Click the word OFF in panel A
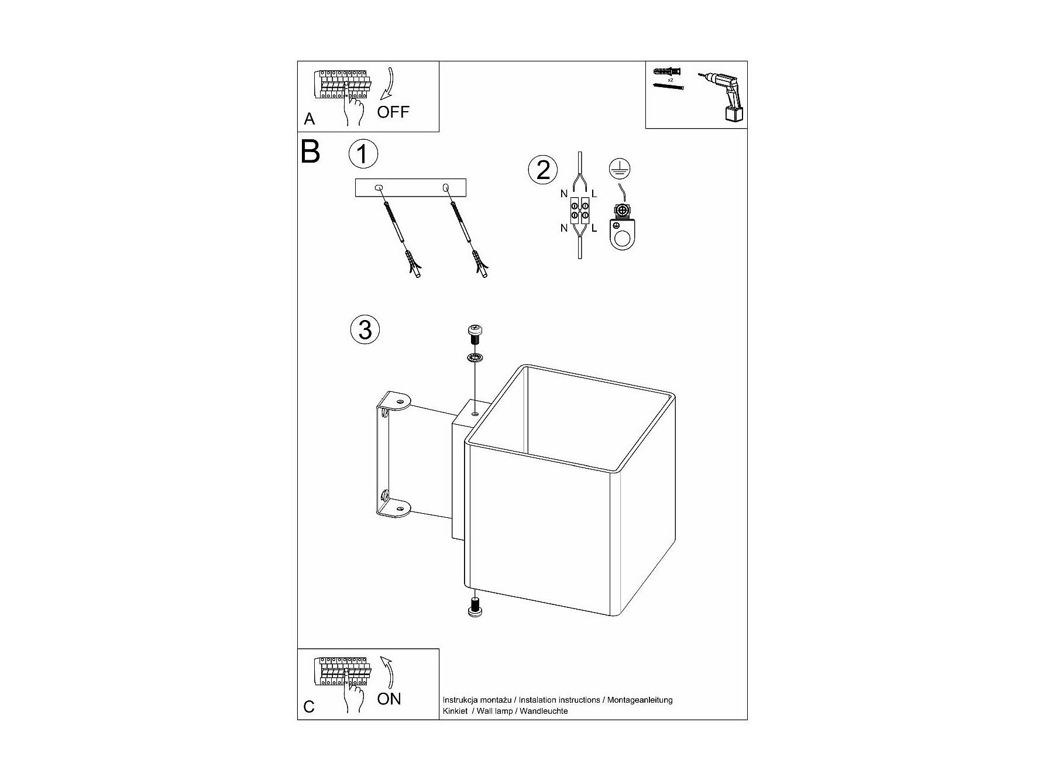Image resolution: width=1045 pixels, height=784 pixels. (393, 112)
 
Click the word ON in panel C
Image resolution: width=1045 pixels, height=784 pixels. (389, 699)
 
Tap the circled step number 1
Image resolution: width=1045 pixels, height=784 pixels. (363, 154)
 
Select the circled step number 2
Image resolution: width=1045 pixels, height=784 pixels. (543, 170)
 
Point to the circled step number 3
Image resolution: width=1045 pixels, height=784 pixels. (365, 329)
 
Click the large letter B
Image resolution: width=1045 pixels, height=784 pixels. (310, 151)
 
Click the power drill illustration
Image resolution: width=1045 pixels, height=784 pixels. (724, 97)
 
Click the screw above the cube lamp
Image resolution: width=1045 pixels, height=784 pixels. (475, 336)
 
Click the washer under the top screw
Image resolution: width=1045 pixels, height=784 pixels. (475, 357)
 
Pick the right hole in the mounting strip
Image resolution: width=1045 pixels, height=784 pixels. (446, 188)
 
